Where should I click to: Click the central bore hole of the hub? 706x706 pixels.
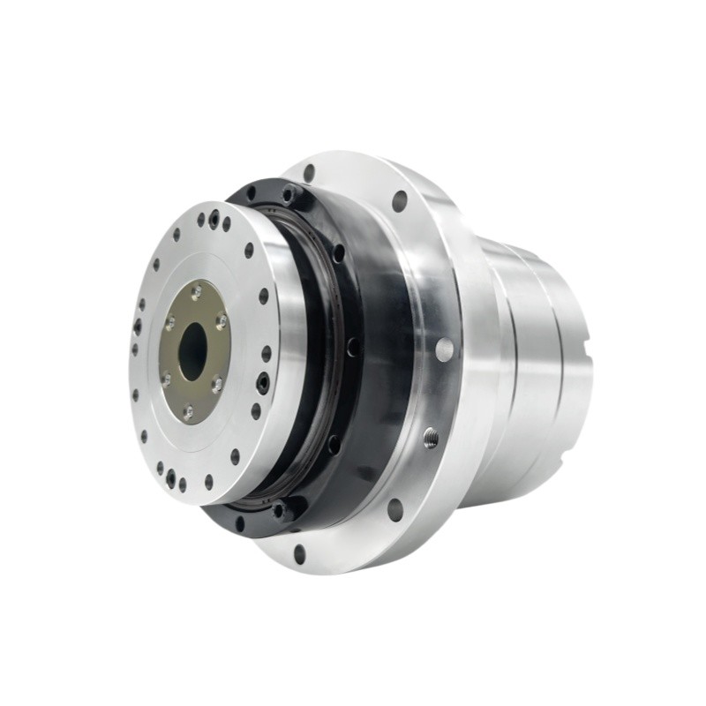tap(192, 349)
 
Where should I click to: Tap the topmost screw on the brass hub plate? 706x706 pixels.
tap(196, 292)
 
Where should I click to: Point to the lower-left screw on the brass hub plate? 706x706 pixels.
tap(166, 379)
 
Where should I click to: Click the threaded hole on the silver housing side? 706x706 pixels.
tap(431, 435)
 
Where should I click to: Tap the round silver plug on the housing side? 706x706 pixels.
tap(445, 349)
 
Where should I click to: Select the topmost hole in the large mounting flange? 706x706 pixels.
tap(309, 173)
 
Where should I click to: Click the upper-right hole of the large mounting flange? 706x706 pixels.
tap(400, 201)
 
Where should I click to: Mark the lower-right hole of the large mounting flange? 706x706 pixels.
tap(394, 509)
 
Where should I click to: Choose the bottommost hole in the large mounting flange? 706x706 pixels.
tap(300, 554)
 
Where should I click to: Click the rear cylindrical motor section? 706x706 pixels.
tap(538, 371)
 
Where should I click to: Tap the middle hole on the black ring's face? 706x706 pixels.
tap(353, 348)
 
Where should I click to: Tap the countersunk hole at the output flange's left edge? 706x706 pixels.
tap(137, 327)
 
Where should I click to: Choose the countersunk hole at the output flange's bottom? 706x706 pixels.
tap(170, 479)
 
